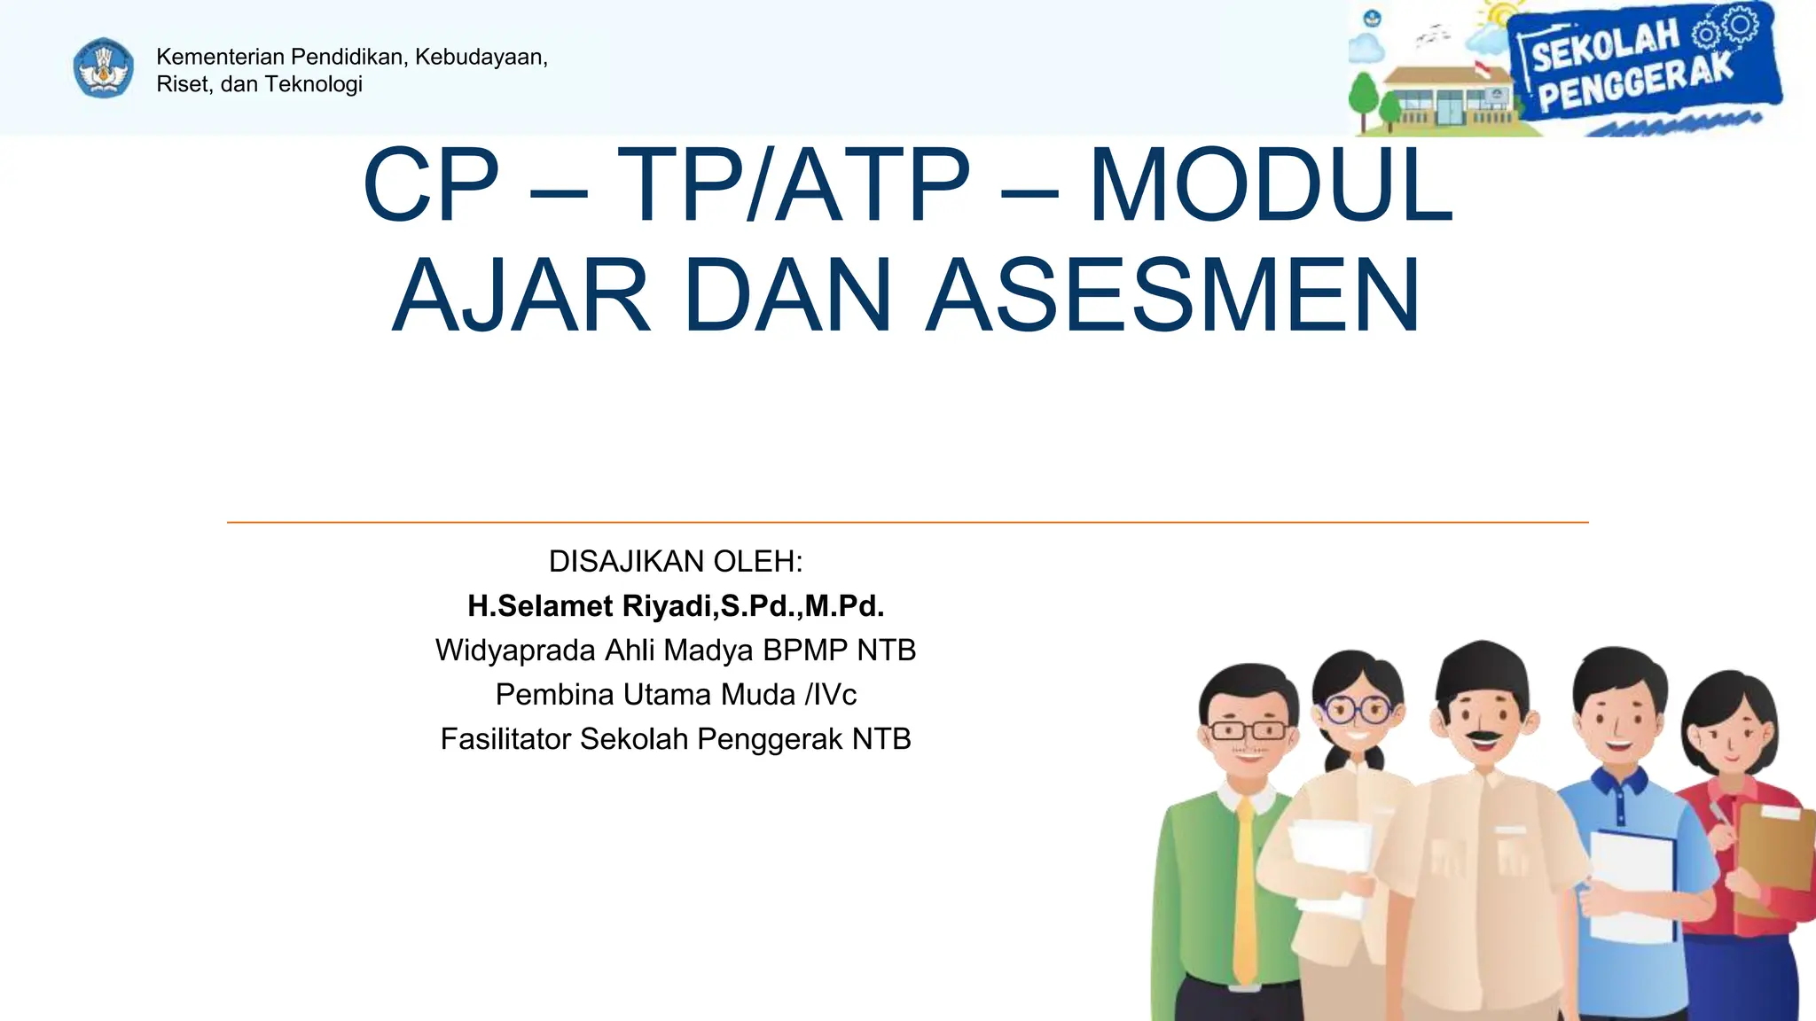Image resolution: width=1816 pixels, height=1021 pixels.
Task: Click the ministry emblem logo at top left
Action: pyautogui.click(x=104, y=68)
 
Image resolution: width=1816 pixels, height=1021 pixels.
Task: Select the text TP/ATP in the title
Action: pyautogui.click(x=794, y=186)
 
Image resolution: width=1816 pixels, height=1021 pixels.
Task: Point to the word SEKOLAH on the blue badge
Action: pyautogui.click(x=1605, y=47)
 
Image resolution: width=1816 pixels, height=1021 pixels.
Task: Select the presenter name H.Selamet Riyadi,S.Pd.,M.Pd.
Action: pyautogui.click(x=676, y=606)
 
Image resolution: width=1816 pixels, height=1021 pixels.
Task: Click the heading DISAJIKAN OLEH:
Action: pyautogui.click(x=676, y=562)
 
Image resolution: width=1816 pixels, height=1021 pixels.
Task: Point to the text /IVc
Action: pyautogui.click(x=831, y=695)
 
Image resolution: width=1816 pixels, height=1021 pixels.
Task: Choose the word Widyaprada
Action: pyautogui.click(x=515, y=651)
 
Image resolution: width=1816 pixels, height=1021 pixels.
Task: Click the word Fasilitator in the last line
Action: pyautogui.click(x=505, y=739)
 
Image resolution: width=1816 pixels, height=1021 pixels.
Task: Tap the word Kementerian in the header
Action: pyautogui.click(x=220, y=57)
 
